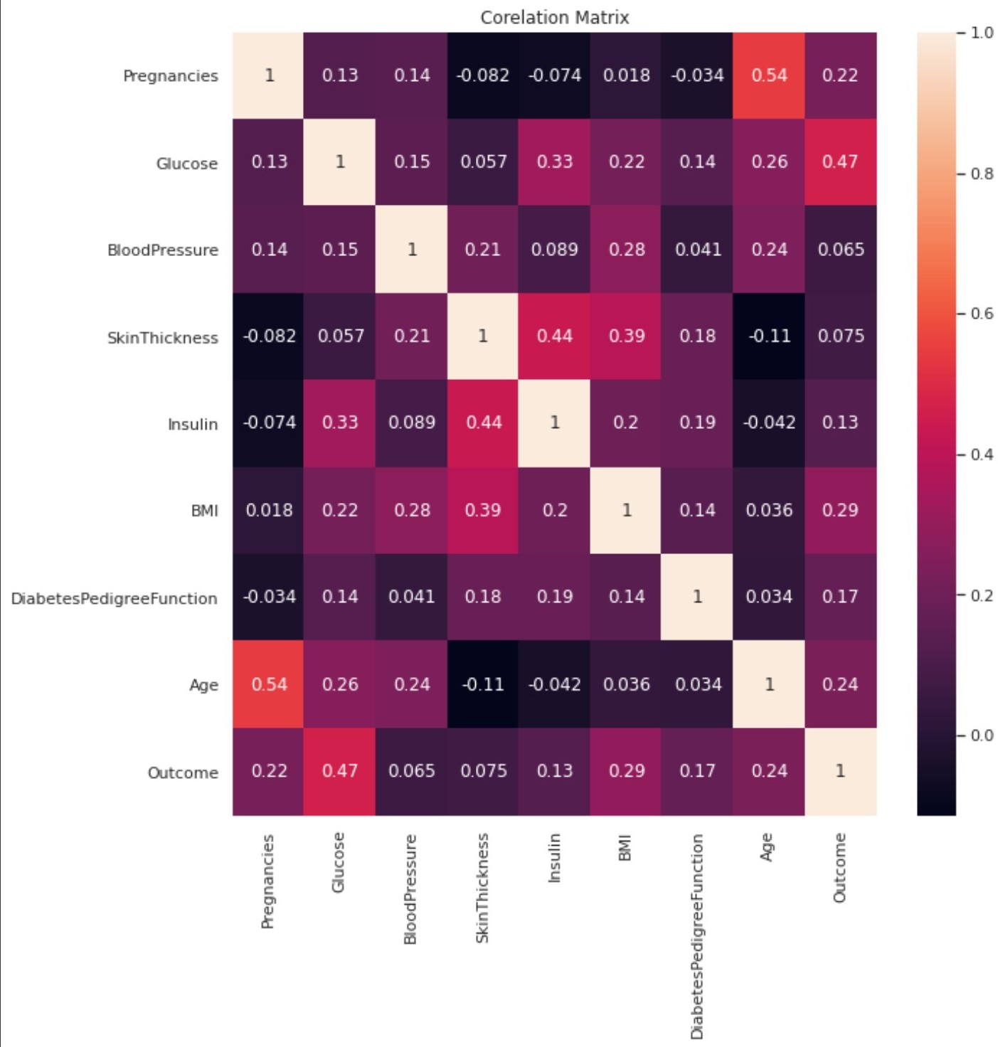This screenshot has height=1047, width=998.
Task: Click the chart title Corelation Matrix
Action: [554, 17]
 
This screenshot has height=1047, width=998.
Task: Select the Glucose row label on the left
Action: [187, 164]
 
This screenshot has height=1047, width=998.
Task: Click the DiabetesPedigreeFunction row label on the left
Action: [115, 598]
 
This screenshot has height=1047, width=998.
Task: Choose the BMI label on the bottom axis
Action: [625, 849]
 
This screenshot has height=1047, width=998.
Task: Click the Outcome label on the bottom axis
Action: [840, 868]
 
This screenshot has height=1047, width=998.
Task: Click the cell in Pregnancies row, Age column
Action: [769, 75]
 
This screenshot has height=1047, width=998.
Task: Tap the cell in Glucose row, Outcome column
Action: [840, 162]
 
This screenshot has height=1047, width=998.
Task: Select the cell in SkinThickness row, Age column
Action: [769, 336]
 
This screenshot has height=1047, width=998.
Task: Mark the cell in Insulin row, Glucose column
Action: [340, 422]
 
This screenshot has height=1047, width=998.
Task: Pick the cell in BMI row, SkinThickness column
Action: [483, 510]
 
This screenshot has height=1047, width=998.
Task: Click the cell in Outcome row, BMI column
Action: [626, 771]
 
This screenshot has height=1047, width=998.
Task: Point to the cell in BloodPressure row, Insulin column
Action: [554, 250]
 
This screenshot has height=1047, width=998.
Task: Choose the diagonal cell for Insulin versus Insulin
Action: [554, 422]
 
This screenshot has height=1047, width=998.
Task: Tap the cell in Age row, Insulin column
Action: [554, 684]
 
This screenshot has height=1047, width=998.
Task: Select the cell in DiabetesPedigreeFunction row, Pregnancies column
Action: [269, 597]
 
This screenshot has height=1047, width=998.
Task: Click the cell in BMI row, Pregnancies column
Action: [269, 510]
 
